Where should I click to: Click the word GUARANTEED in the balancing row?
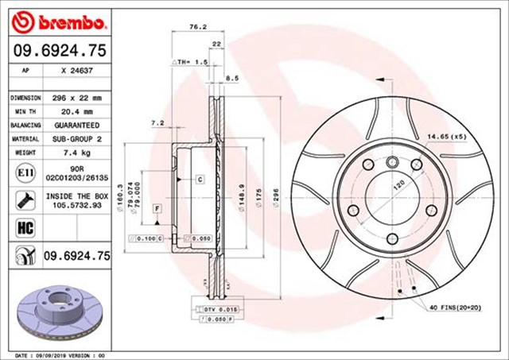pos(77,126)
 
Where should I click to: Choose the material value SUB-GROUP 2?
pos(77,139)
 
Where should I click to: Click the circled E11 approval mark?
pos(23,172)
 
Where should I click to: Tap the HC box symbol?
pos(23,226)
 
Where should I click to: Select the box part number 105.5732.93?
pos(77,204)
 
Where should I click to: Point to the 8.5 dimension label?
pos(233,78)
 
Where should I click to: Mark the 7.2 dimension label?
pos(157,123)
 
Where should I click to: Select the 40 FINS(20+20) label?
pos(464,307)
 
